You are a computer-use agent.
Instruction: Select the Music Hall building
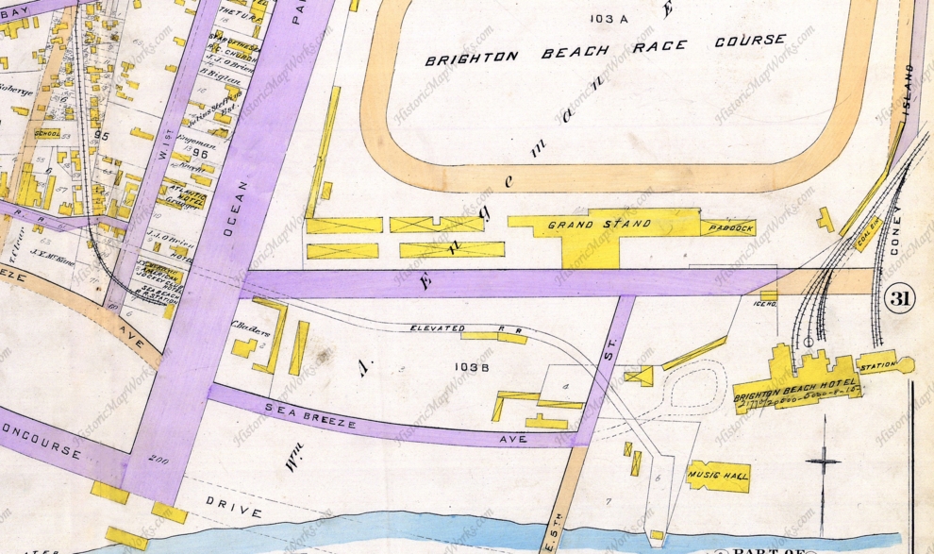pos(719,476)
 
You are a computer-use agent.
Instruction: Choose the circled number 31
pos(899,300)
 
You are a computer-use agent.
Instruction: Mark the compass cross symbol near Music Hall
pos(823,462)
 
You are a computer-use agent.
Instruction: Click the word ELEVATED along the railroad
pos(438,328)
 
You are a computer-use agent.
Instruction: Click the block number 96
pos(200,153)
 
